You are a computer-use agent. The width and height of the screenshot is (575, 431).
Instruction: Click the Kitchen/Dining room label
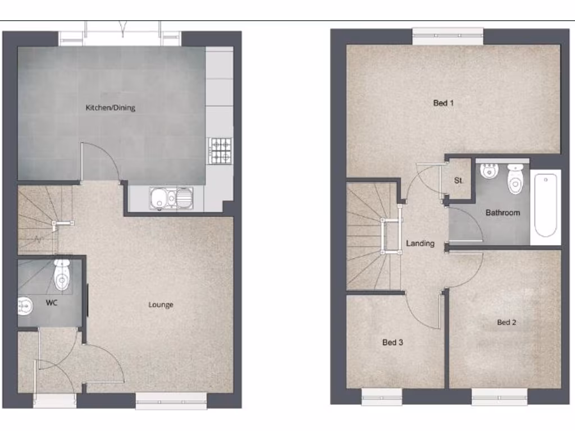pos(110,107)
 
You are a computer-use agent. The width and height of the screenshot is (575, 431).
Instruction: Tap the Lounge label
pos(161,305)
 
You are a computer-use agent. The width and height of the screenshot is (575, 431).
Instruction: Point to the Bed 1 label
pos(444,103)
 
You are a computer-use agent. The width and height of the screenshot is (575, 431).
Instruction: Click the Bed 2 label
pos(506,322)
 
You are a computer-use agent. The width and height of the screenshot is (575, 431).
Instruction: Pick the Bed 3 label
pos(393,342)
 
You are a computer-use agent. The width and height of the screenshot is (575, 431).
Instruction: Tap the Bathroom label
pos(503,213)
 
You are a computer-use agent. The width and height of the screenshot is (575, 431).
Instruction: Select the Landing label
pos(421,243)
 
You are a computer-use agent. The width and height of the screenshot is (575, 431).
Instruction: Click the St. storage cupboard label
pos(459,181)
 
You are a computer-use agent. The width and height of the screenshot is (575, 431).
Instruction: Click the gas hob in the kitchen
pos(220,150)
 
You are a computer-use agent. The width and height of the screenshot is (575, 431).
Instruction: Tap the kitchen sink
pos(171,198)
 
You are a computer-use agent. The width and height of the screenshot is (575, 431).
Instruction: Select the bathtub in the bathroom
pos(546,205)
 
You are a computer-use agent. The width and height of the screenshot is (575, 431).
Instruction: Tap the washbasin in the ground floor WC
pos(24,305)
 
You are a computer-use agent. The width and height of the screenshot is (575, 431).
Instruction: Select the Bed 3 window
pos(382,397)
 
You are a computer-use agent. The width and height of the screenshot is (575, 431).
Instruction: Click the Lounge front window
pos(171,401)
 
